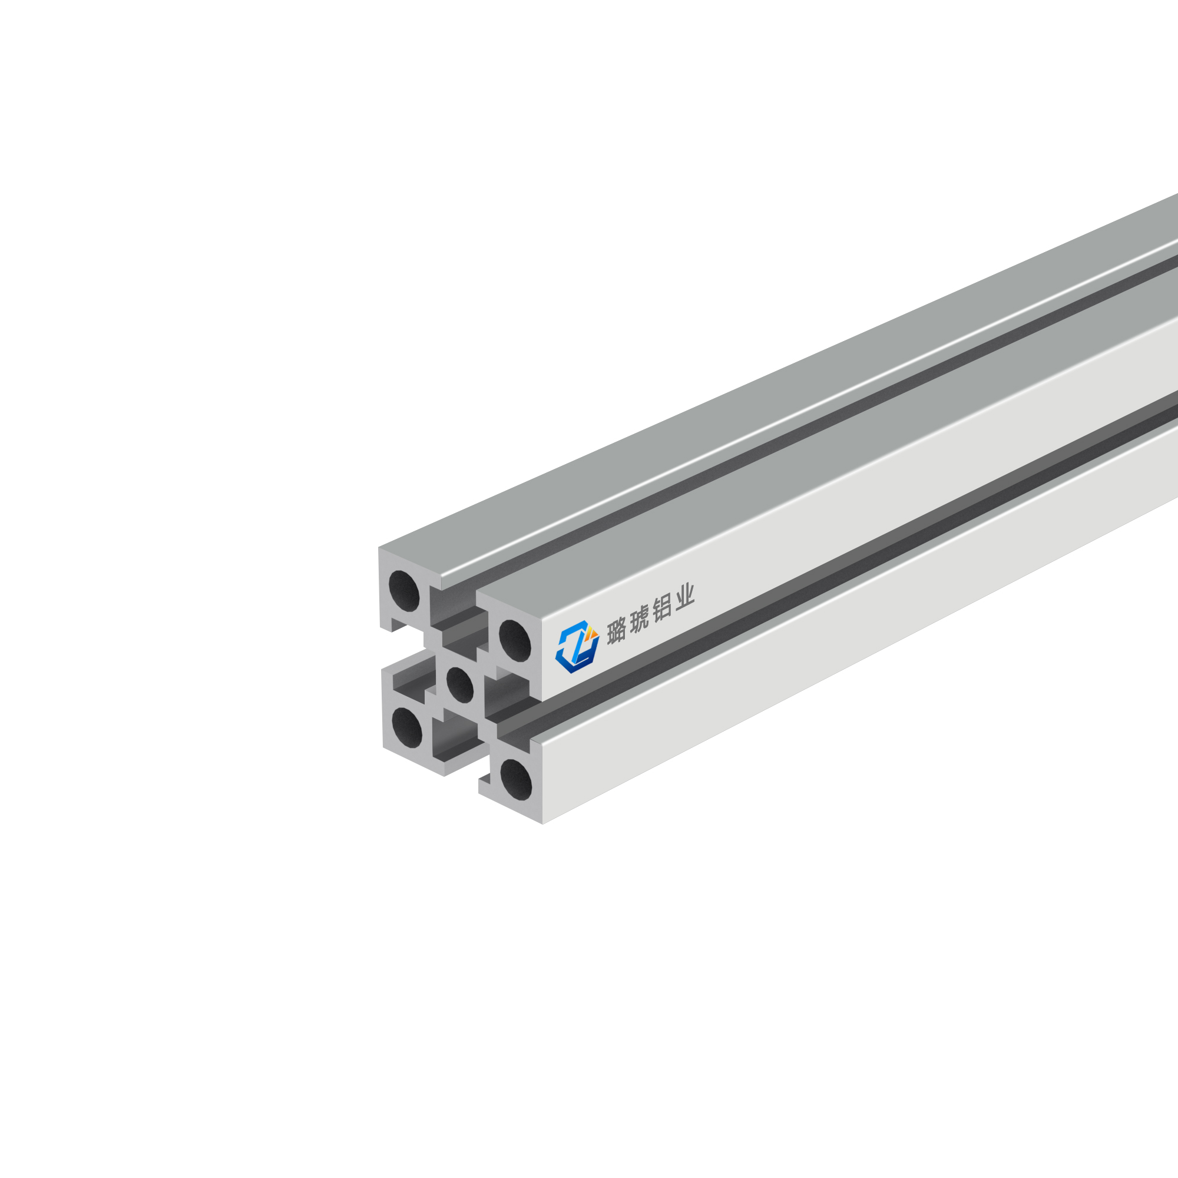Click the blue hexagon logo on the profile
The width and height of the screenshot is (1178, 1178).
[x=576, y=647]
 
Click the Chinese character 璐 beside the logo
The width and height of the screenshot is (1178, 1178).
[x=617, y=629]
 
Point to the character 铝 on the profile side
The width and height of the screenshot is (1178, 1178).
[x=663, y=609]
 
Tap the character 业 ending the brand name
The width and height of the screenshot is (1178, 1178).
[x=686, y=597]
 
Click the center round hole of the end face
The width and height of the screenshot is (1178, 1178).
[x=460, y=685]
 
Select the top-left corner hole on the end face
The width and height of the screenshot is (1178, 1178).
[x=404, y=591]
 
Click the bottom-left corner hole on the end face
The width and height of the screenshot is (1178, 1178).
[x=406, y=728]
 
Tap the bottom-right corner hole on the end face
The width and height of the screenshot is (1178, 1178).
[x=516, y=780]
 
